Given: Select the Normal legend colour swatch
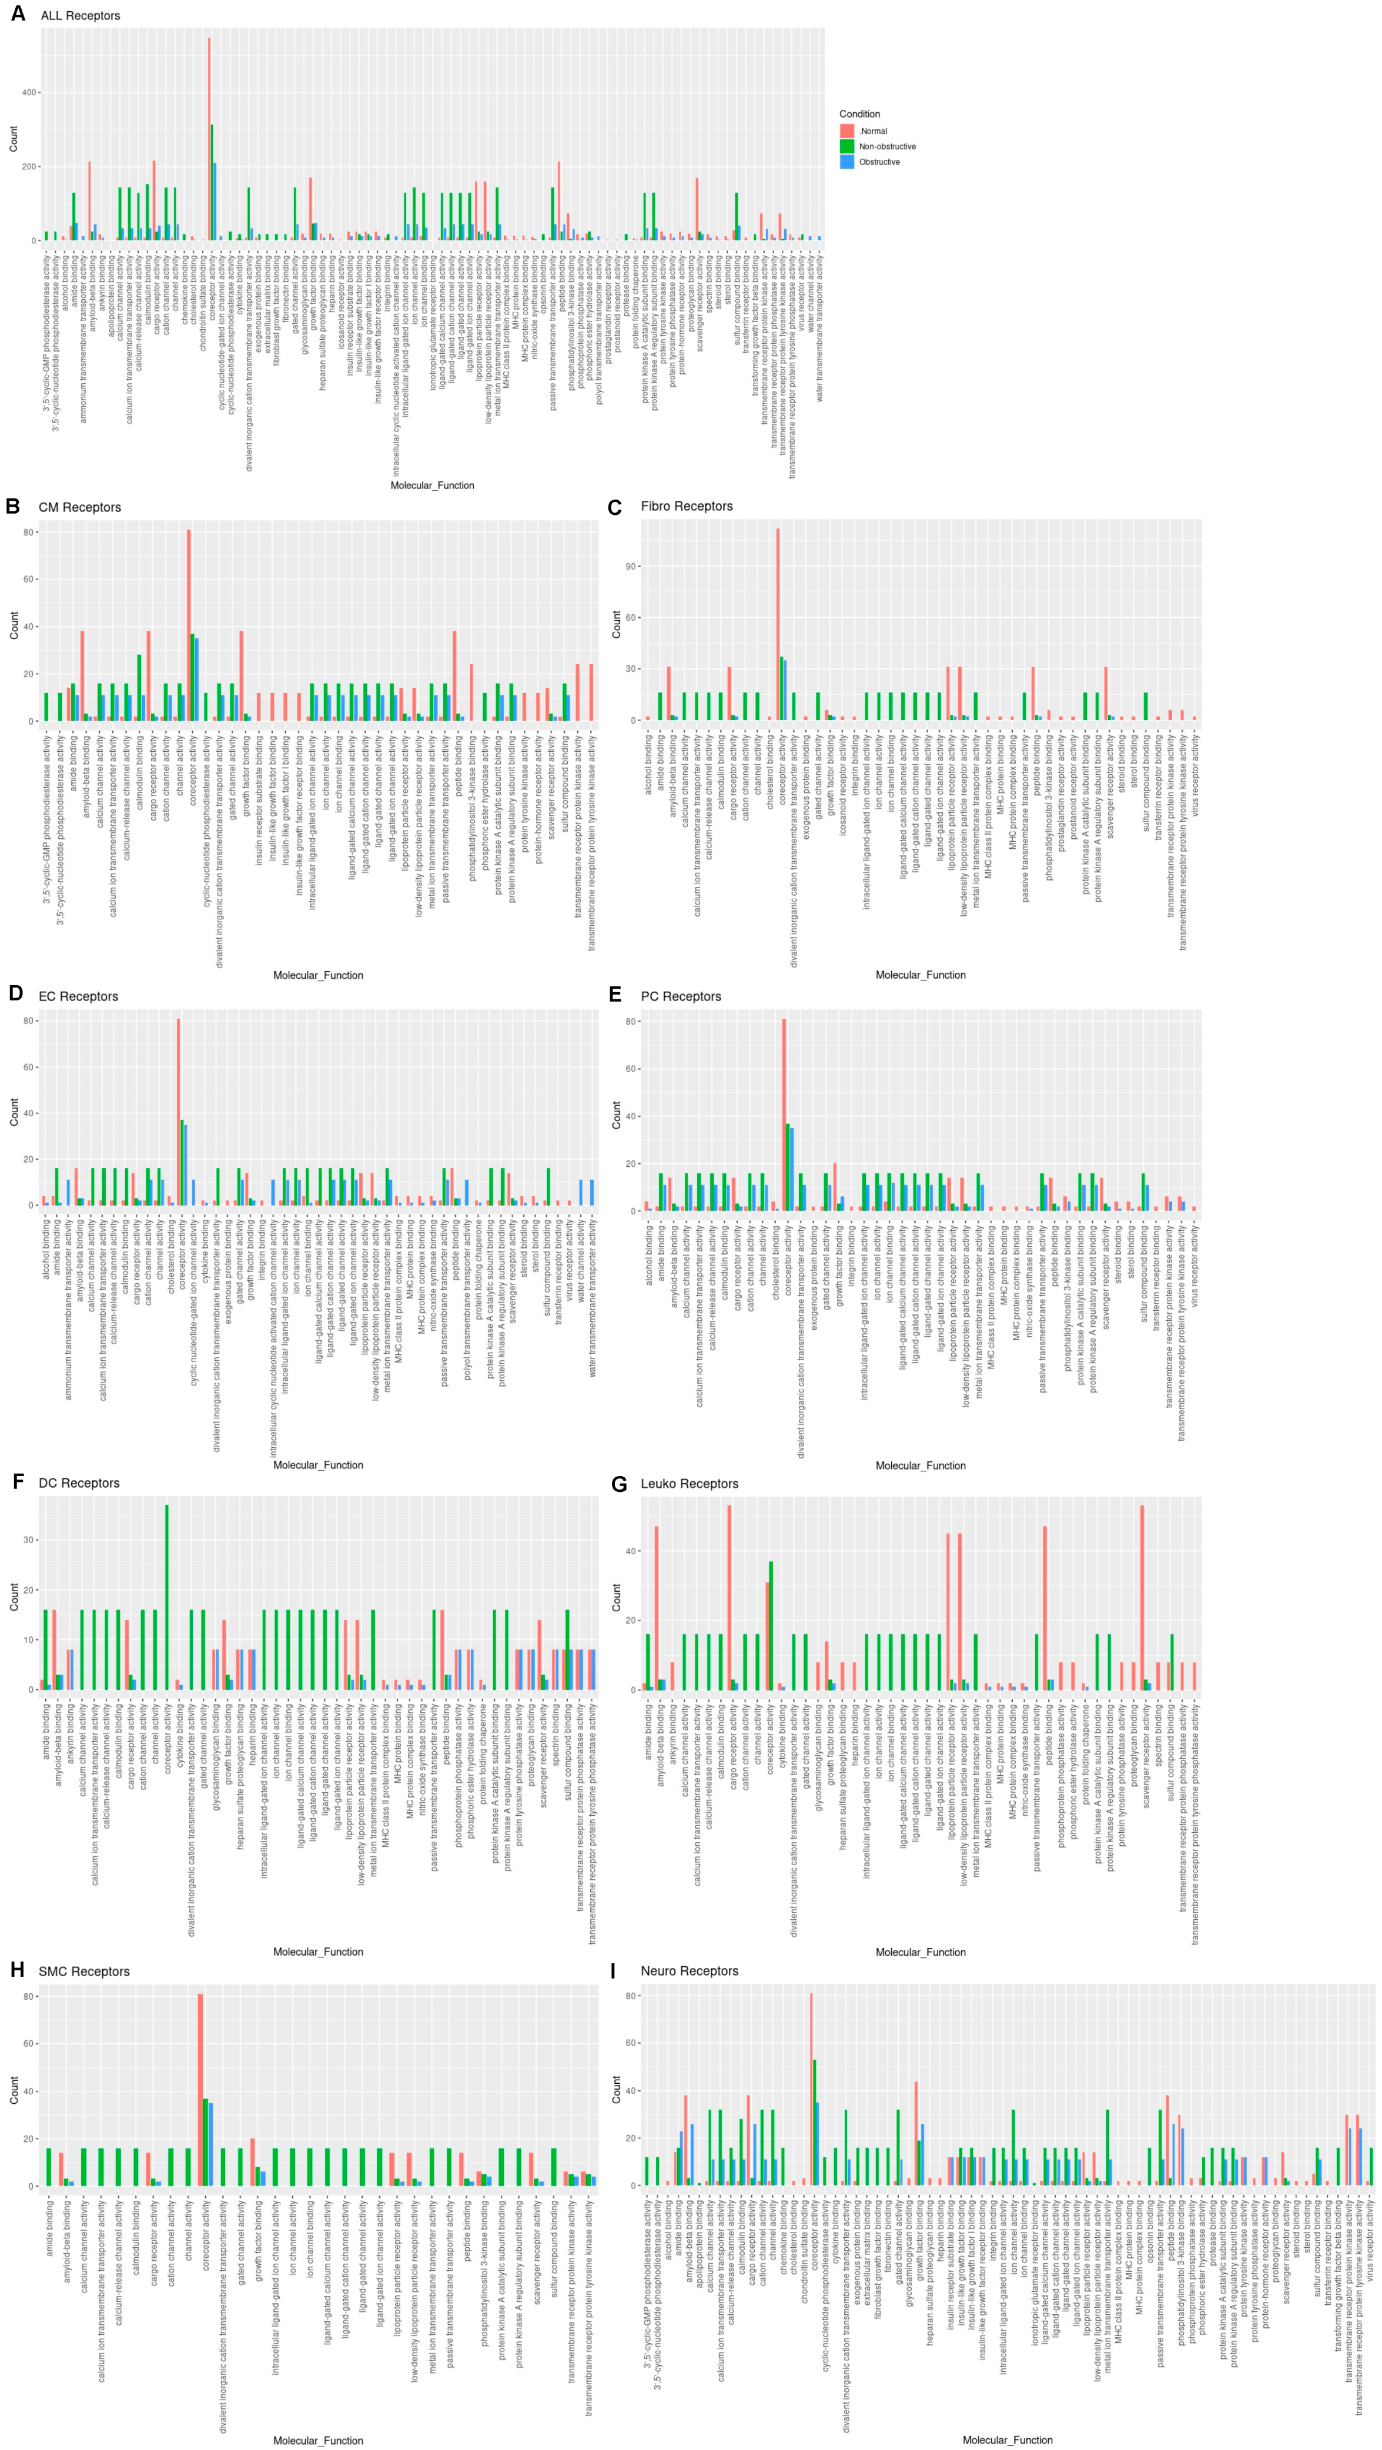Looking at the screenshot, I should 846,131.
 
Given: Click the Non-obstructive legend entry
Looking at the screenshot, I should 886,146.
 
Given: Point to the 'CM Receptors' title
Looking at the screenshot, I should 80,507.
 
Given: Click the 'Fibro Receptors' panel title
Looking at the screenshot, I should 686,506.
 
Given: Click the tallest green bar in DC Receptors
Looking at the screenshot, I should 168,1597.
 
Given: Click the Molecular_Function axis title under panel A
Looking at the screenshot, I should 432,485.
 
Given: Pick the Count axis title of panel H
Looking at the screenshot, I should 14,2090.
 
